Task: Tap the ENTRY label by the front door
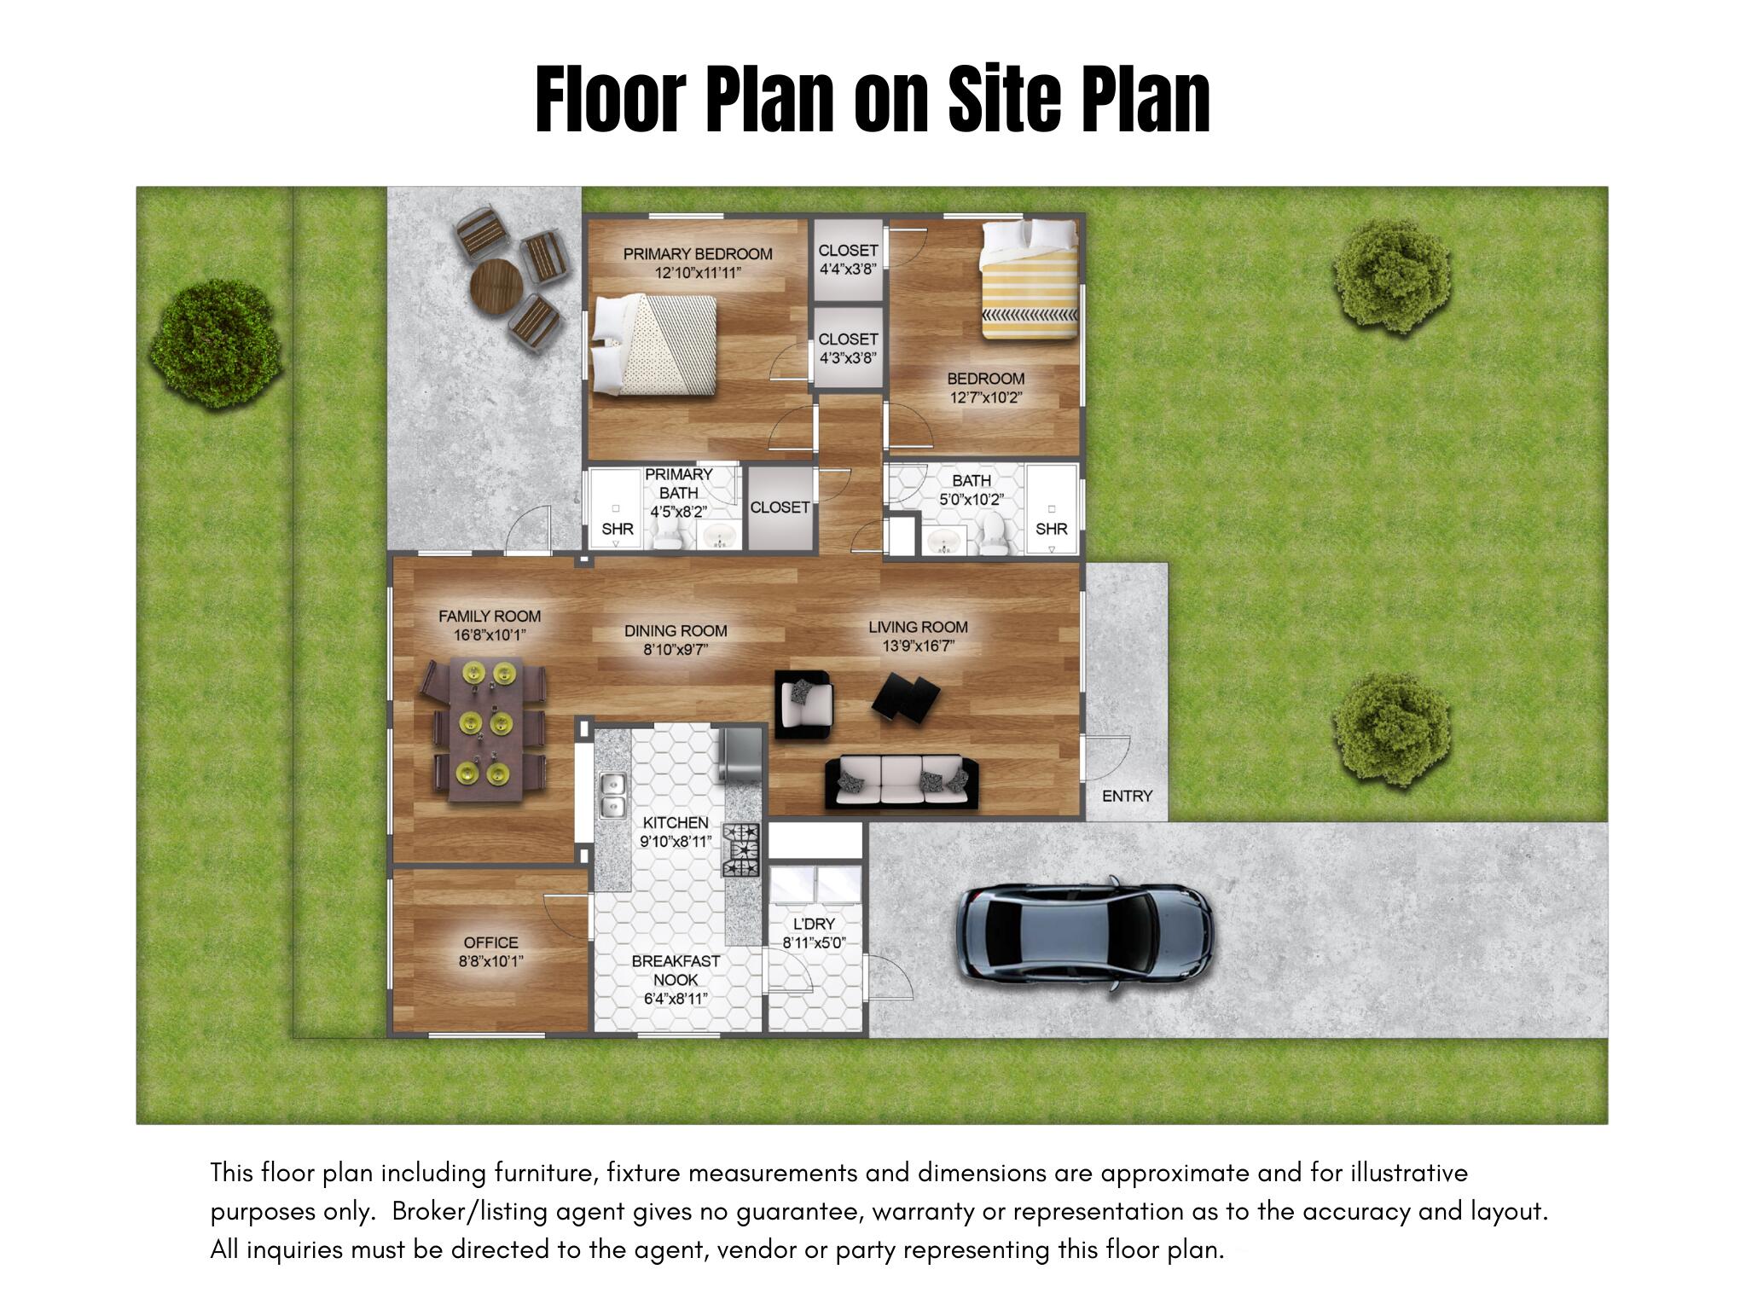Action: (1126, 796)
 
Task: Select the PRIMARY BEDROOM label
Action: (697, 254)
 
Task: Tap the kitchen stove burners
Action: (740, 849)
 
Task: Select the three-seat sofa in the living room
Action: (902, 780)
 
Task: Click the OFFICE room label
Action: (490, 942)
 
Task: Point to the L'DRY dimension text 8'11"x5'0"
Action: (814, 943)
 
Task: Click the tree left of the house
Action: (216, 344)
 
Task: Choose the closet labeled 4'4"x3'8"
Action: (847, 259)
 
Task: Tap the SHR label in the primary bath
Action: (617, 529)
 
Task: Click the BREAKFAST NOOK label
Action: (676, 971)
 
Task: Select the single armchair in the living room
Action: (803, 704)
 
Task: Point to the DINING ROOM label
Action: (675, 631)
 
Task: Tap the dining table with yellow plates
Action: (484, 729)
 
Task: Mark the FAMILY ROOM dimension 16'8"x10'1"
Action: (490, 635)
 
